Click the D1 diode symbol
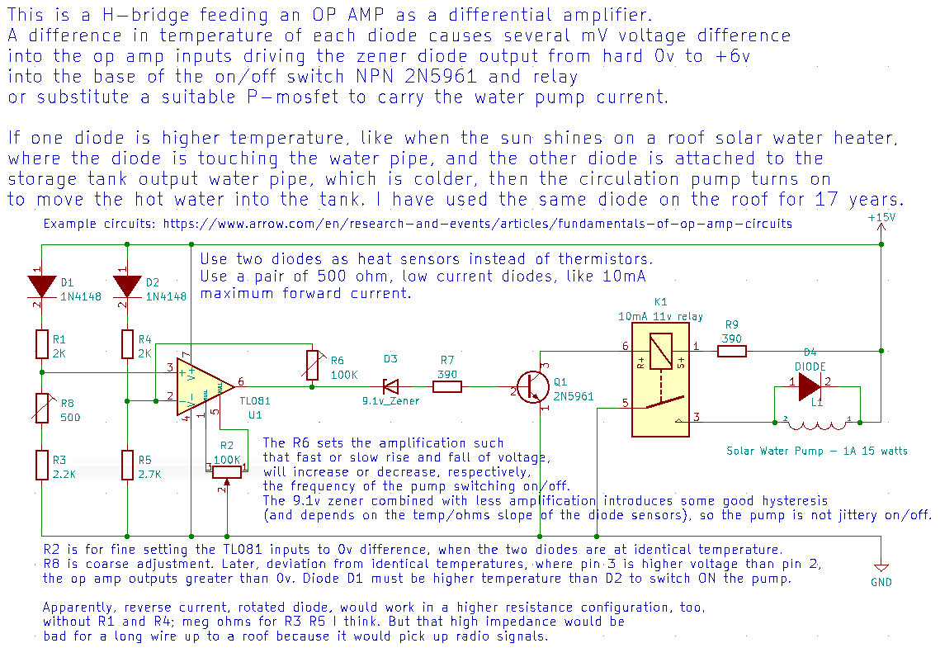pyautogui.click(x=41, y=286)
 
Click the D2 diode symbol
pyautogui.click(x=127, y=286)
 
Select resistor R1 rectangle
pyautogui.click(x=41, y=343)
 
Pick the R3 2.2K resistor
pyautogui.click(x=41, y=465)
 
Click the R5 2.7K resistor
pyautogui.click(x=127, y=465)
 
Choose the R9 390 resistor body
pyautogui.click(x=731, y=351)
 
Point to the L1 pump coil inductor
pyautogui.click(x=816, y=423)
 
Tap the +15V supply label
pyautogui.click(x=881, y=217)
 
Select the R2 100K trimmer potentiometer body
pyautogui.click(x=227, y=471)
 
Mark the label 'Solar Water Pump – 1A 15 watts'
pyautogui.click(x=816, y=451)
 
